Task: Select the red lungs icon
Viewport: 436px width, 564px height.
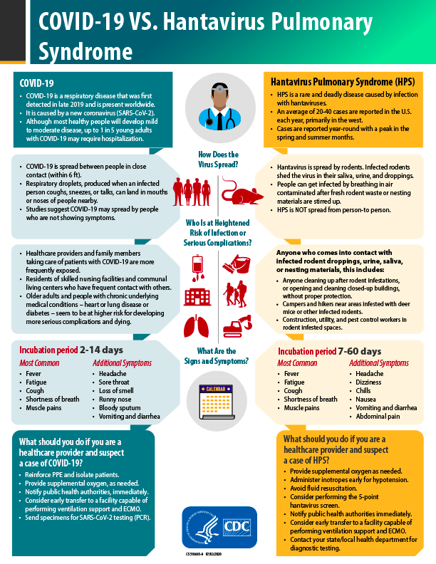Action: point(197,327)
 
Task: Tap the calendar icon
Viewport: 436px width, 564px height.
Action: point(217,399)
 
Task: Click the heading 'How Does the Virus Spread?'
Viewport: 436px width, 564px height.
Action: point(217,159)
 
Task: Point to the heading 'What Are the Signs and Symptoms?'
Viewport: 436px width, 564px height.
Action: point(218,355)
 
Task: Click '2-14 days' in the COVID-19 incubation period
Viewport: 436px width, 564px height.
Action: point(101,350)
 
